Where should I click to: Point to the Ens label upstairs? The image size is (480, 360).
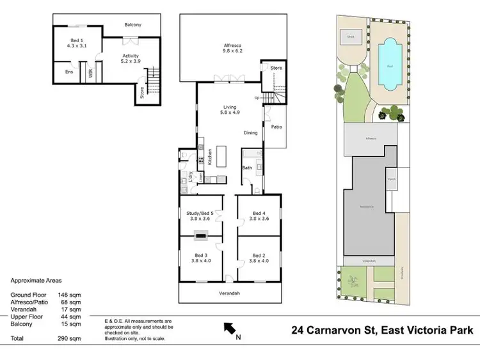pyautogui.click(x=68, y=72)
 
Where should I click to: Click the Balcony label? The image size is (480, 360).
pyautogui.click(x=133, y=25)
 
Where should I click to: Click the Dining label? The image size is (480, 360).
pyautogui.click(x=250, y=133)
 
